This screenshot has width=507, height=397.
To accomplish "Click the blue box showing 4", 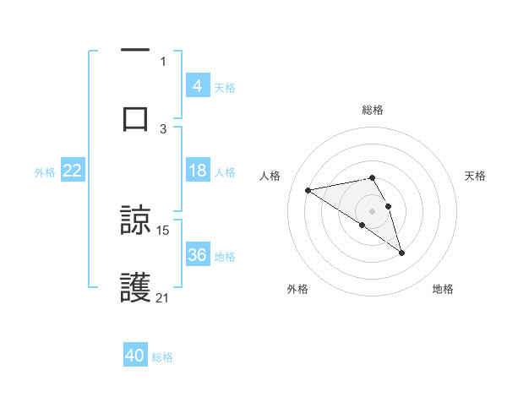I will (198, 85).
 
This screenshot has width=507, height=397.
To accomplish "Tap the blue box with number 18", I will (198, 171).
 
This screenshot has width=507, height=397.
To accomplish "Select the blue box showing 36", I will (198, 255).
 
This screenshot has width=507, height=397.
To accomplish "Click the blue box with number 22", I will (73, 171).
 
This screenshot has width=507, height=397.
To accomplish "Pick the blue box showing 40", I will (135, 356).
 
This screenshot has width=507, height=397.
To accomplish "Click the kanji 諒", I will (135, 220).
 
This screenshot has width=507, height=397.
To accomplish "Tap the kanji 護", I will (135, 288).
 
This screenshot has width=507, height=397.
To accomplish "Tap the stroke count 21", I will (163, 297).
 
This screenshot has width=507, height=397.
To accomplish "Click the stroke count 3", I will (163, 128).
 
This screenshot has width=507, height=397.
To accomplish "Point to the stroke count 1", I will (163, 61).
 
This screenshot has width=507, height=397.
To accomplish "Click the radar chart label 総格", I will (373, 110).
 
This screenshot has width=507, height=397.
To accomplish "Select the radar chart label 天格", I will (475, 176).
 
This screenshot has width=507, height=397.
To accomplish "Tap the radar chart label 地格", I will (443, 289).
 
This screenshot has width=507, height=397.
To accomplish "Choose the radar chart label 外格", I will (297, 289).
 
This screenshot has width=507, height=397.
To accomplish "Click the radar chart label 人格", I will (270, 176).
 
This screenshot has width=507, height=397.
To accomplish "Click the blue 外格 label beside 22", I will (45, 171).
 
